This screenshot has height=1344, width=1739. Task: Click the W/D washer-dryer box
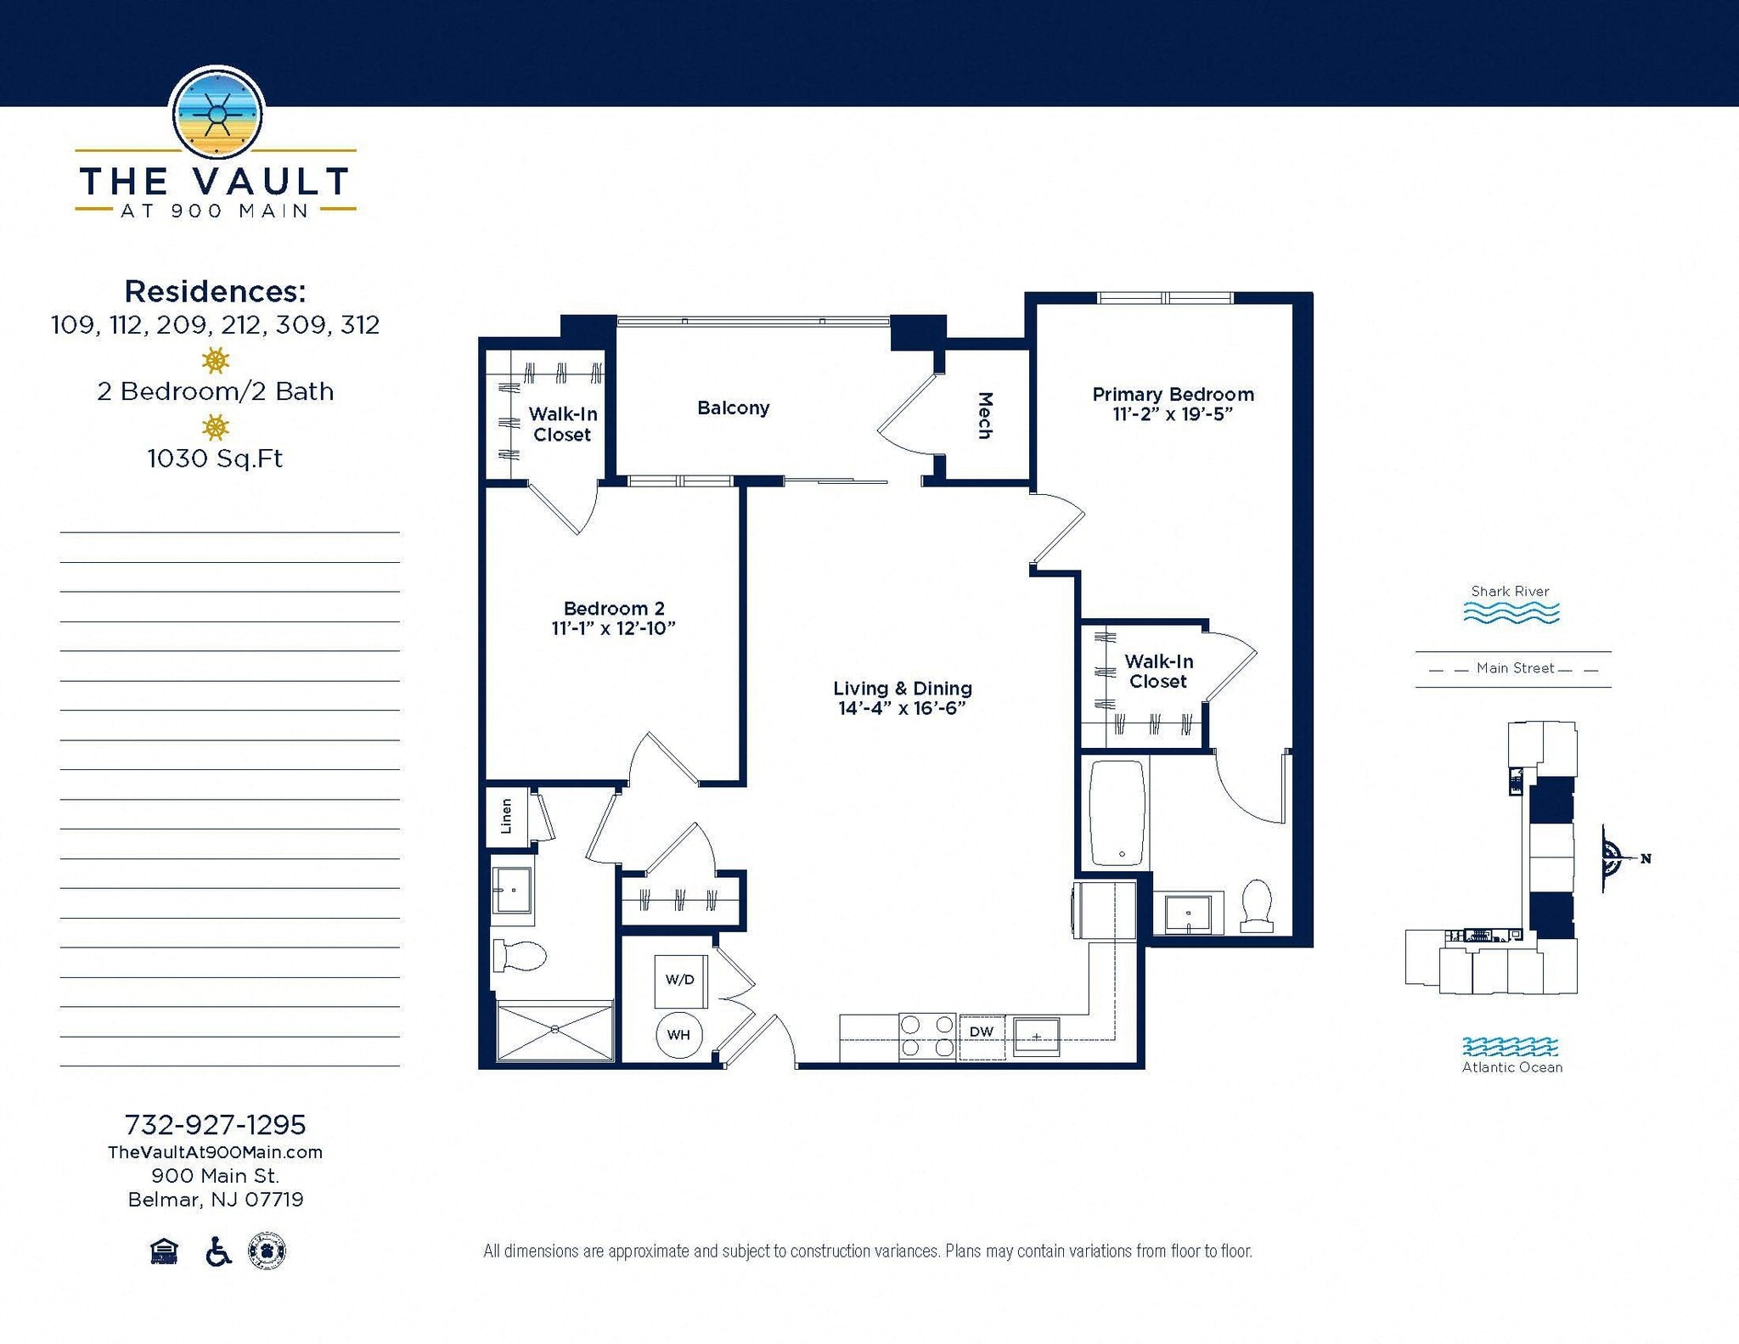(x=679, y=980)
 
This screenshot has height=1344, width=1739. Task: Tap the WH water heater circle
(x=678, y=1034)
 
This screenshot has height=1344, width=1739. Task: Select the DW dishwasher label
(x=982, y=1032)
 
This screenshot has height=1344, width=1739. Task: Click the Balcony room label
(x=733, y=408)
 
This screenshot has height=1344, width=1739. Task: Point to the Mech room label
(x=985, y=415)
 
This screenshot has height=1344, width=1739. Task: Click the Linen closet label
(x=507, y=816)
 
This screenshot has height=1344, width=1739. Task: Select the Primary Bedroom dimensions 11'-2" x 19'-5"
(x=1173, y=414)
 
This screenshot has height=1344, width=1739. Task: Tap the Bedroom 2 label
(x=614, y=608)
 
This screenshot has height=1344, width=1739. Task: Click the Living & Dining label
(x=902, y=689)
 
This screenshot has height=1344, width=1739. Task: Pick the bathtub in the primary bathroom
(x=1117, y=813)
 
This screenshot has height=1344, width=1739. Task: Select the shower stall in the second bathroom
(x=554, y=1031)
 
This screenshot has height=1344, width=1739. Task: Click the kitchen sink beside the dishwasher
(x=1037, y=1036)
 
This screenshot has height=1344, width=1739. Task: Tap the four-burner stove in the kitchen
(x=926, y=1037)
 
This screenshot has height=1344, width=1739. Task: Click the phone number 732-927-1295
(x=215, y=1125)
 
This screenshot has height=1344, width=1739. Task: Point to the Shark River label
(x=1510, y=591)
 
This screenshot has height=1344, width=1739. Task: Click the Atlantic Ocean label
(x=1511, y=1067)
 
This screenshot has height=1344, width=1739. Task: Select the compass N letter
(x=1646, y=858)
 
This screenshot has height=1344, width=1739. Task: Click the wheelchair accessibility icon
(x=218, y=1251)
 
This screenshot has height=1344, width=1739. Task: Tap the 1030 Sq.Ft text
(x=215, y=458)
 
